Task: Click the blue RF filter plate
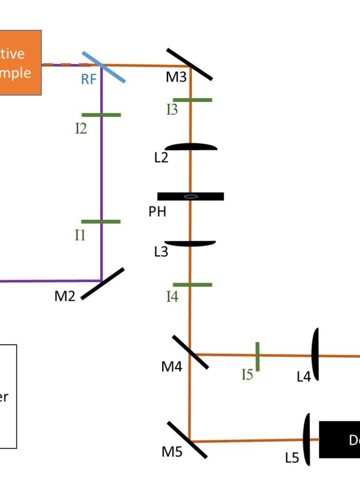(104, 66)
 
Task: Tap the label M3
(177, 77)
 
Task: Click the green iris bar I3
(192, 100)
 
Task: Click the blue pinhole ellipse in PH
(191, 196)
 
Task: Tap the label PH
(157, 211)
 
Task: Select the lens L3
(190, 243)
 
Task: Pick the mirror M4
(190, 352)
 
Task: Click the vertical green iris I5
(257, 356)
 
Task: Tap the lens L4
(314, 354)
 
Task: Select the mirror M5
(187, 439)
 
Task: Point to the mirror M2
(102, 283)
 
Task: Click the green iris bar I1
(101, 221)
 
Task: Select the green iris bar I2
(101, 115)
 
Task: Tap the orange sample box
(20, 62)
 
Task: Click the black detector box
(340, 439)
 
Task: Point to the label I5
(247, 375)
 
